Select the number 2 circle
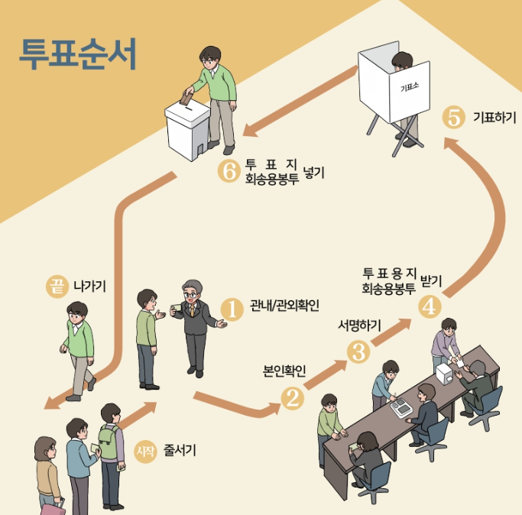(x=292, y=397)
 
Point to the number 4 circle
(x=428, y=305)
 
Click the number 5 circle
(x=454, y=118)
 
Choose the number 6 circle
(x=229, y=171)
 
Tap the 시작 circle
(x=144, y=450)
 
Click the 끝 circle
(x=56, y=287)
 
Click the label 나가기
(x=89, y=287)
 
